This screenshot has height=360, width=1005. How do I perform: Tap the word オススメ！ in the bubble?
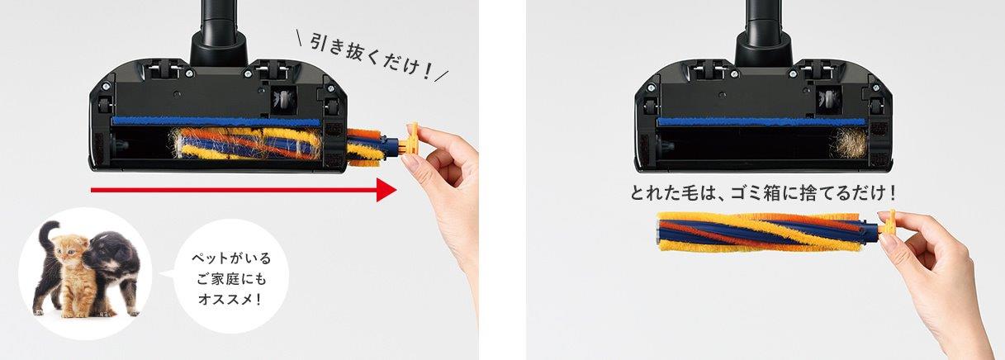pyautogui.click(x=225, y=296)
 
